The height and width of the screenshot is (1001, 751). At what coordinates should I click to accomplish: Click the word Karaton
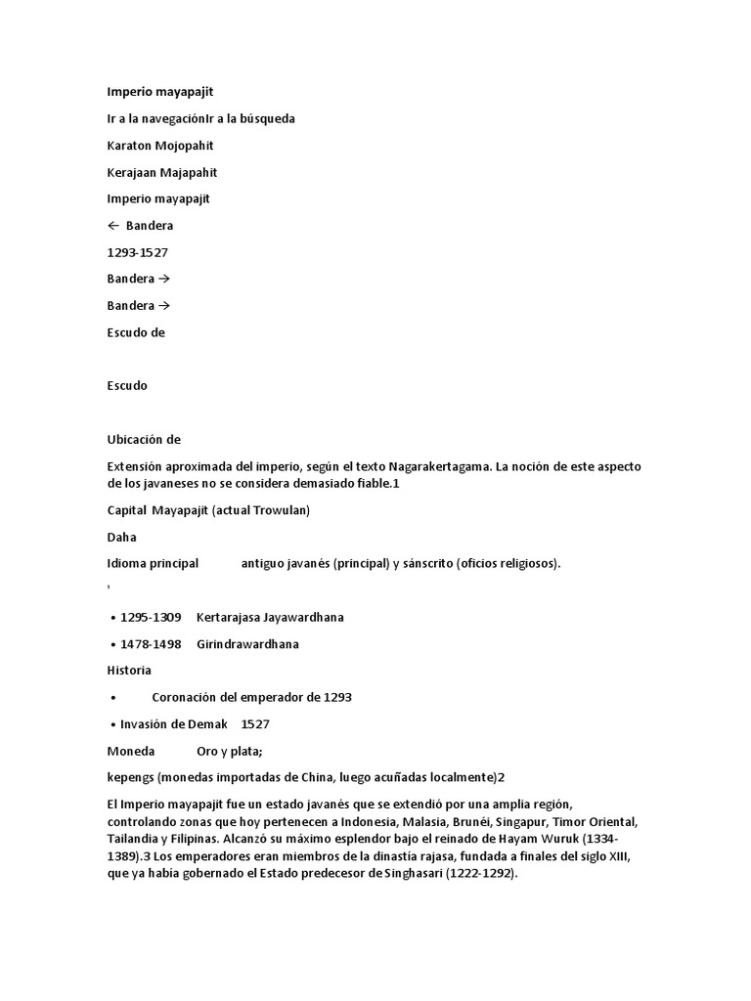129,146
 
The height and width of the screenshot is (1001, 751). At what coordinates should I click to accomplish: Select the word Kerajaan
131,173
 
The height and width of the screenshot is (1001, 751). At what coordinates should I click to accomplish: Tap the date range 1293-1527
137,252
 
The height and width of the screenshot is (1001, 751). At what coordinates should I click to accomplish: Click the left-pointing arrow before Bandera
112,226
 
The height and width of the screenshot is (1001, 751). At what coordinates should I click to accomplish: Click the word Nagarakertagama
426,467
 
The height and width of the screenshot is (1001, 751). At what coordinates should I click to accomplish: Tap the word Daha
121,537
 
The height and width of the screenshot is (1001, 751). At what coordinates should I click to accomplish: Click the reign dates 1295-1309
151,618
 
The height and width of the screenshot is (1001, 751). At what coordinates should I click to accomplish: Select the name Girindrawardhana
247,644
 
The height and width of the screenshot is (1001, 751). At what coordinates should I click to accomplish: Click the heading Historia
129,671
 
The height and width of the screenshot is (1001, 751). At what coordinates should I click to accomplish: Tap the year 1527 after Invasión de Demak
255,724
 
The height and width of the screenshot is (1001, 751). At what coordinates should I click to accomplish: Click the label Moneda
130,751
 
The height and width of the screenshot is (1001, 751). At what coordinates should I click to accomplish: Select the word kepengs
131,778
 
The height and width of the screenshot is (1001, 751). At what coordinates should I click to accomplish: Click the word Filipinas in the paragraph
202,839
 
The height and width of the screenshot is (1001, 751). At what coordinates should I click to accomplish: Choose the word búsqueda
264,119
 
